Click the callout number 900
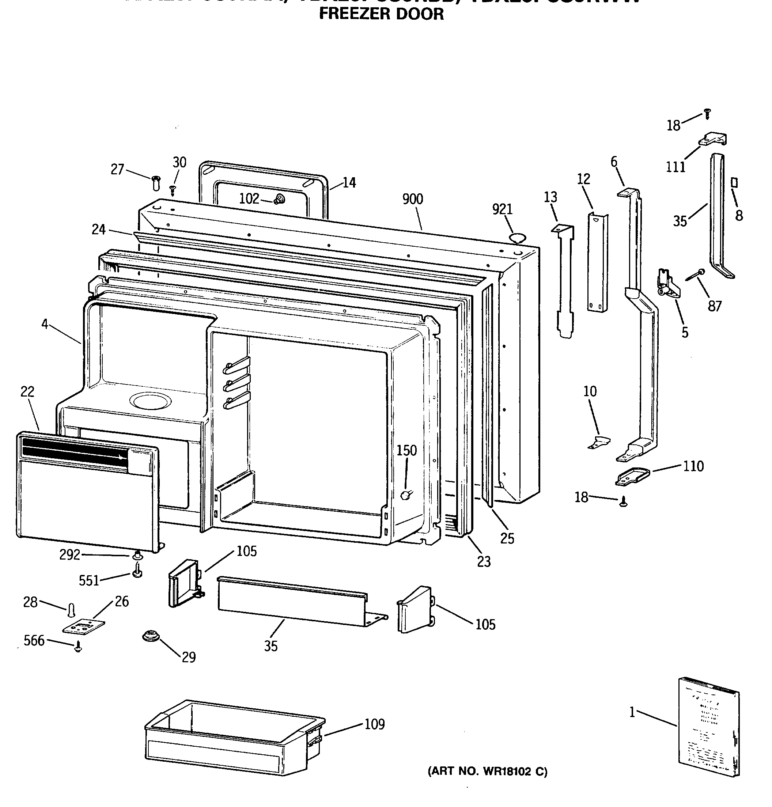[412, 199]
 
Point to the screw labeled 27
[156, 183]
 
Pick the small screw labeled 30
[173, 190]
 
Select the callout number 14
[349, 183]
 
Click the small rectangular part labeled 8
[735, 182]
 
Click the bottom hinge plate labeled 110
[632, 477]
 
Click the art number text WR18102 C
[488, 772]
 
